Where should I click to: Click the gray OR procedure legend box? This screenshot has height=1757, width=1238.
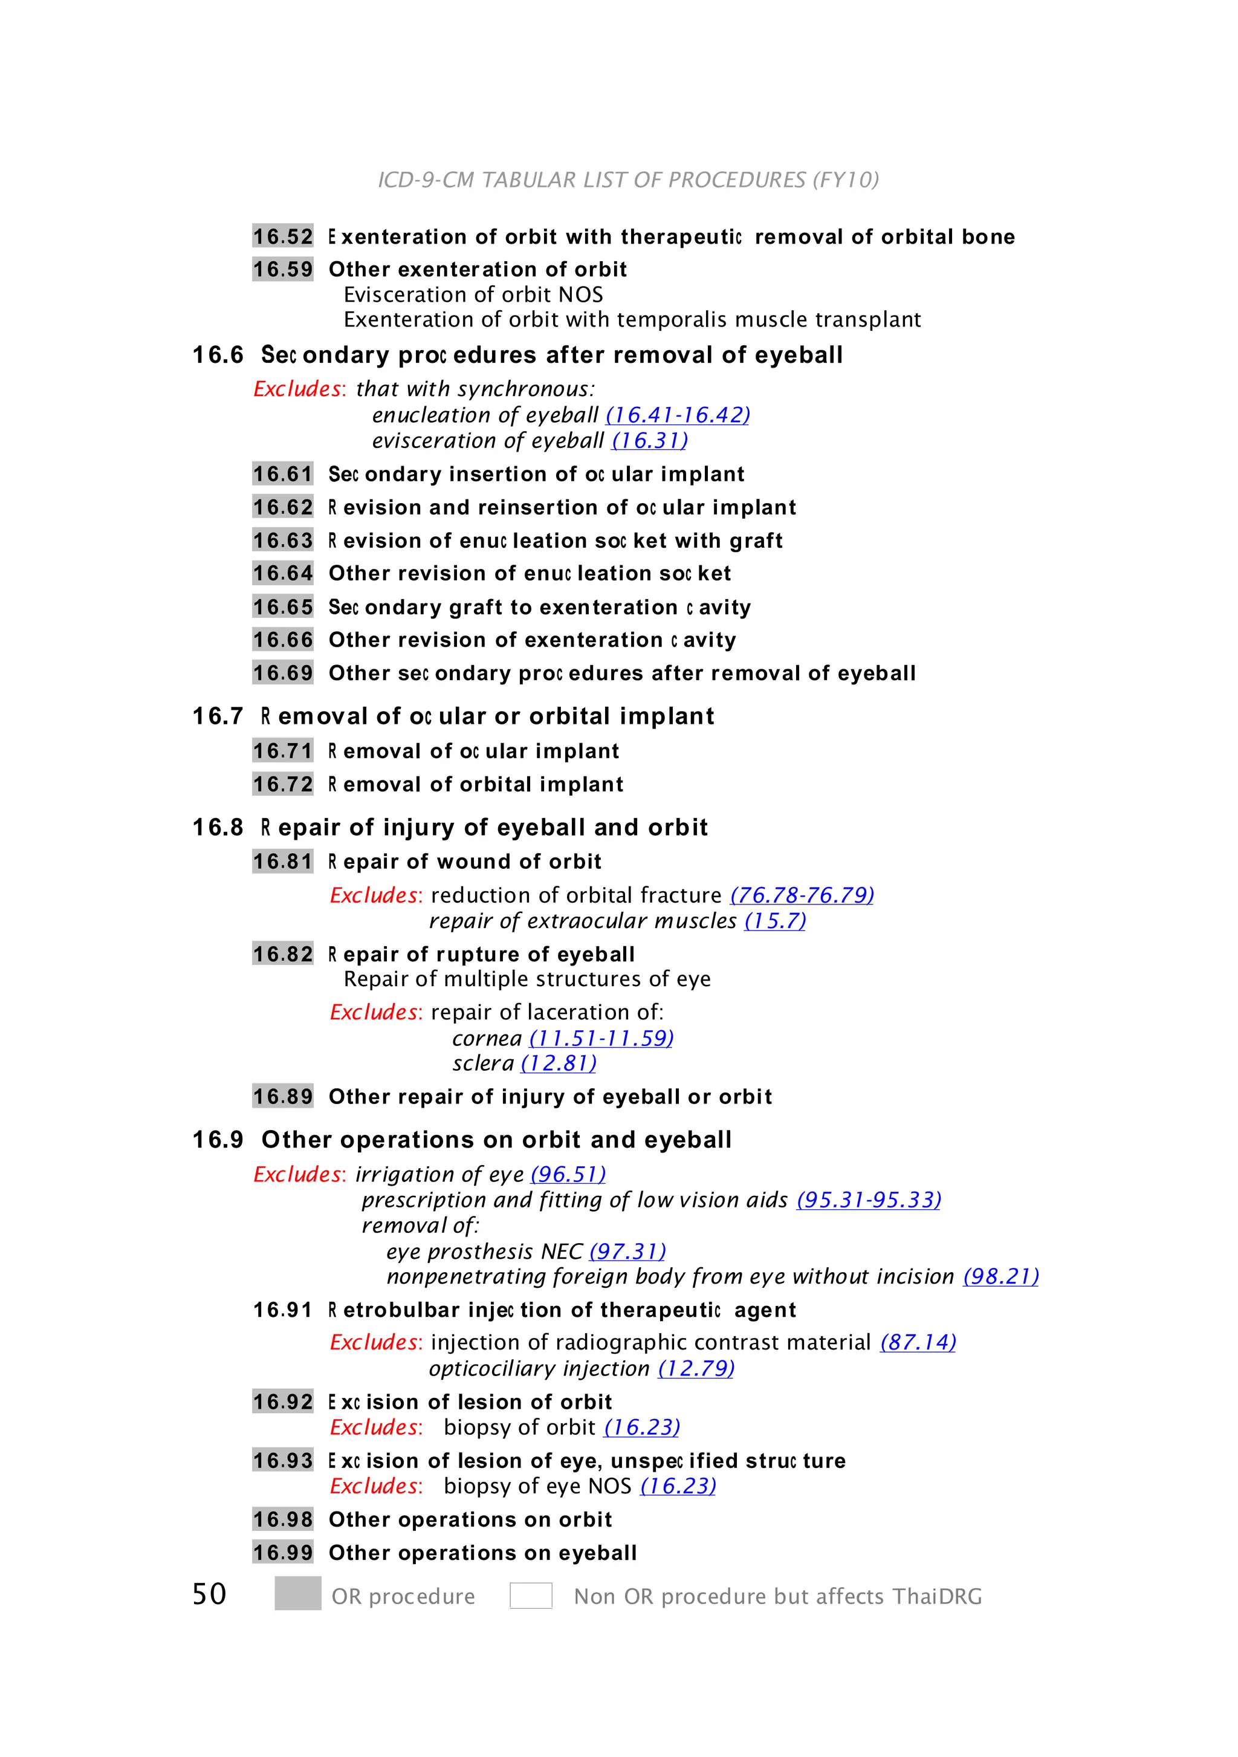pyautogui.click(x=297, y=1594)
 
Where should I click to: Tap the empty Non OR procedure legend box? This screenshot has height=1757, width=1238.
pyautogui.click(x=531, y=1596)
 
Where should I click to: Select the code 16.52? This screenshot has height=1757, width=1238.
pyautogui.click(x=282, y=236)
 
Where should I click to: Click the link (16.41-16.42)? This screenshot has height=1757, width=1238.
pyautogui.click(x=677, y=415)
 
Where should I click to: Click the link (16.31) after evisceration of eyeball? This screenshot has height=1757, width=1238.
pyautogui.click(x=650, y=441)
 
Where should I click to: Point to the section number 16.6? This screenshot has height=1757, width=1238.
pyautogui.click(x=217, y=355)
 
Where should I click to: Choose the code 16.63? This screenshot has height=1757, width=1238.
pyautogui.click(x=282, y=541)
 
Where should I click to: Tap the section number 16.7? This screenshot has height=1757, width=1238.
pyautogui.click(x=217, y=716)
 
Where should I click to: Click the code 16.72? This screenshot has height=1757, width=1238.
pyautogui.click(x=282, y=784)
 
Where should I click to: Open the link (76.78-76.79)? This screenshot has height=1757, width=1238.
pyautogui.click(x=802, y=895)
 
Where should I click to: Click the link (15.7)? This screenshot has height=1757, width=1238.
pyautogui.click(x=775, y=921)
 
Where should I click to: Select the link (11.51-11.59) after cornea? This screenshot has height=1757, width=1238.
pyautogui.click(x=601, y=1039)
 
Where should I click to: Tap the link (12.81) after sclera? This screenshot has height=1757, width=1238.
pyautogui.click(x=559, y=1064)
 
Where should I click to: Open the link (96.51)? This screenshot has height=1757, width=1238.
pyautogui.click(x=568, y=1175)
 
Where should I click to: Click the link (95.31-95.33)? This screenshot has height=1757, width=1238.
pyautogui.click(x=869, y=1200)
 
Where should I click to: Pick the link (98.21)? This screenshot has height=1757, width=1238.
pyautogui.click(x=1001, y=1276)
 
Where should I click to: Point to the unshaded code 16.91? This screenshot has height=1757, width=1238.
pyautogui.click(x=282, y=1310)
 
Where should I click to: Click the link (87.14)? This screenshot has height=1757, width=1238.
pyautogui.click(x=918, y=1342)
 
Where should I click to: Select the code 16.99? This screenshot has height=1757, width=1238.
pyautogui.click(x=282, y=1553)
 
